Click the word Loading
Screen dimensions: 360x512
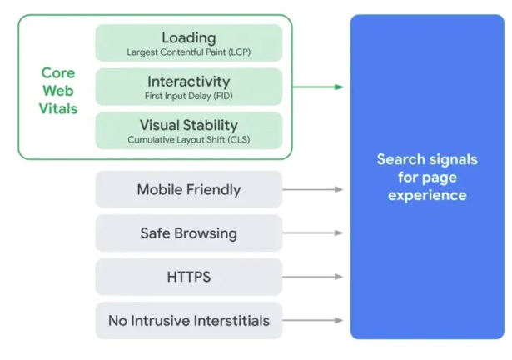[x=188, y=37]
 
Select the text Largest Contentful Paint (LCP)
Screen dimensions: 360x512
[x=188, y=52]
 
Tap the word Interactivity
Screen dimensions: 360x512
[x=188, y=82]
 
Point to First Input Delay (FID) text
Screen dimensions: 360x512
[x=188, y=96]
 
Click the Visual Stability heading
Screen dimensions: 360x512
[x=188, y=126]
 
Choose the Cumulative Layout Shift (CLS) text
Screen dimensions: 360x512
[x=188, y=140]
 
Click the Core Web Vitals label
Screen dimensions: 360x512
[x=58, y=91]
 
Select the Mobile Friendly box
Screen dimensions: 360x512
[x=188, y=189]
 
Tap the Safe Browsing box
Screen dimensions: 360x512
[x=188, y=233]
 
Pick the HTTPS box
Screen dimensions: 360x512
[x=188, y=277]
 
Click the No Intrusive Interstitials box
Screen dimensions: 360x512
[x=188, y=320]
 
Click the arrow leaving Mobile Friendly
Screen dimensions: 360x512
[x=313, y=189]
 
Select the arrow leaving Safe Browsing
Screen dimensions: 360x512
[x=313, y=233]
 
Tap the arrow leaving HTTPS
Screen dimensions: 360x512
[x=313, y=277]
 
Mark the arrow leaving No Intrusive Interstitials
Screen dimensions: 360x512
[x=313, y=320]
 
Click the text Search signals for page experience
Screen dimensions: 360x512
[x=427, y=177]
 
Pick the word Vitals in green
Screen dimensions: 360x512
[x=58, y=109]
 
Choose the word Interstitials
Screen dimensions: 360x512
[x=229, y=320]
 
